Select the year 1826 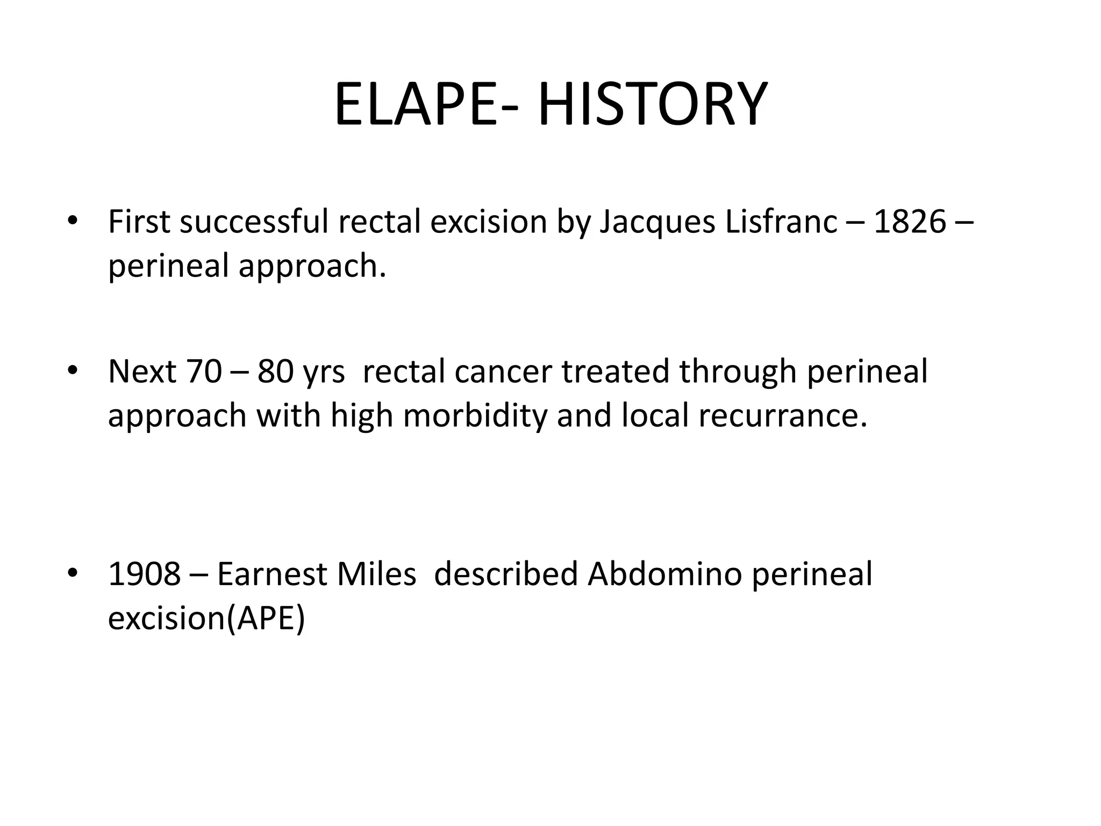910,221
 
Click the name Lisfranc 781,221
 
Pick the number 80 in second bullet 275,371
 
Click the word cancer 503,371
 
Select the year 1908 144,573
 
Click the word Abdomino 664,573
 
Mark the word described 505,573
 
